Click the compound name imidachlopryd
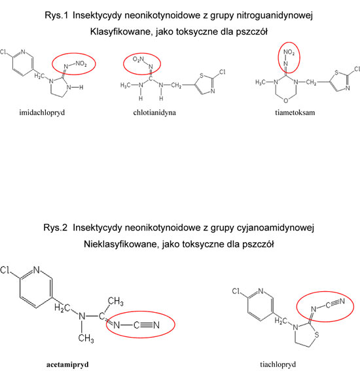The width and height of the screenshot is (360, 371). (42, 113)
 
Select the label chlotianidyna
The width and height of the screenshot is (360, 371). (154, 113)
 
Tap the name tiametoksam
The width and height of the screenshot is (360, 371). (295, 113)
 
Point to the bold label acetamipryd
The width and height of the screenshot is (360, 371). (67, 364)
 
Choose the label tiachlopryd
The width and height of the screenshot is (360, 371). (278, 364)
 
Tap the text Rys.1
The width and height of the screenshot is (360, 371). (56, 16)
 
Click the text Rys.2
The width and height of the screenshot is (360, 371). (56, 228)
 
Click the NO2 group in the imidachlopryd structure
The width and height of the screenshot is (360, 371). (81, 63)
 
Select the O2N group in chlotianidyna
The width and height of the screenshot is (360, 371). (138, 59)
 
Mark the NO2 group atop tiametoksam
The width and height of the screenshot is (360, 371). (289, 52)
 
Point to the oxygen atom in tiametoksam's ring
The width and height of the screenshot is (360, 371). (286, 101)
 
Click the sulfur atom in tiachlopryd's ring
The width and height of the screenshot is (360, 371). (317, 334)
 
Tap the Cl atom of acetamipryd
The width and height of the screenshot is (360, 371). (5, 270)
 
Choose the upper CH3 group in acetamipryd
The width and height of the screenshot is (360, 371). (115, 302)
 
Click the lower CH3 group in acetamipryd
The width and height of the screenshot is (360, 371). (86, 338)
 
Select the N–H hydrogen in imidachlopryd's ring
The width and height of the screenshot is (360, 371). (81, 88)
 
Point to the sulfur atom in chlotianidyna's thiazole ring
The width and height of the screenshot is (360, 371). (202, 76)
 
